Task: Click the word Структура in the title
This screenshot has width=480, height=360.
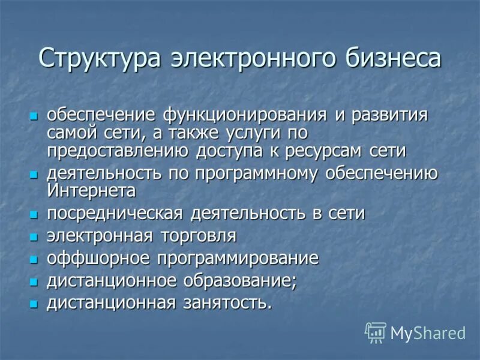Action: (x=100, y=59)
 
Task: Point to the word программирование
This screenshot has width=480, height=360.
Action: (x=238, y=259)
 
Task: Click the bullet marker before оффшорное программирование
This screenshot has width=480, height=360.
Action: (x=34, y=260)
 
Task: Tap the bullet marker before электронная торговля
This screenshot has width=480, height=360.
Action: (x=34, y=237)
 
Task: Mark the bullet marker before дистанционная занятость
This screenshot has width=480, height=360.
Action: (x=34, y=304)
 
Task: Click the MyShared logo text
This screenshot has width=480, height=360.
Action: (x=428, y=333)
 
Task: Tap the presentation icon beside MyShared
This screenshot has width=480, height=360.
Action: (x=375, y=332)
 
